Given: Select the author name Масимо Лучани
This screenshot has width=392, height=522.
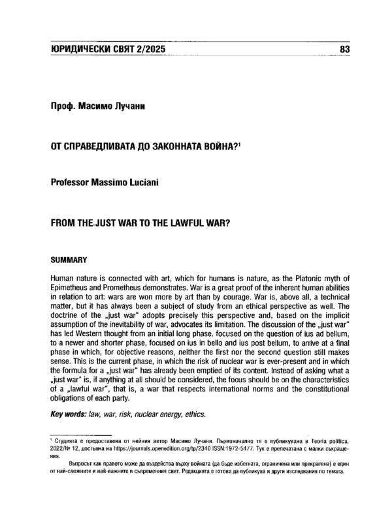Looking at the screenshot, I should pos(118,105).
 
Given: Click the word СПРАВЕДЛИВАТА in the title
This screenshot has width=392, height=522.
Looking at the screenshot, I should pos(104,147).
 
